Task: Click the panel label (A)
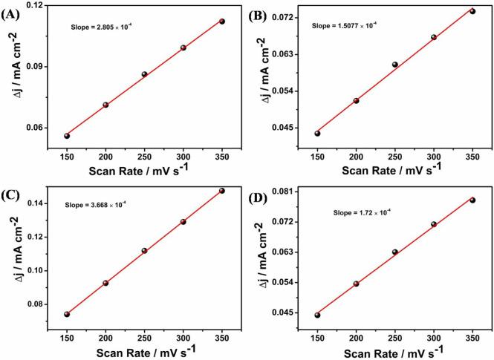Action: (x=10, y=10)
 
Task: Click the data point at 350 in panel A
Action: (x=222, y=22)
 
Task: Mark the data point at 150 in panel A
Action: (x=67, y=136)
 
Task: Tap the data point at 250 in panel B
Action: (x=395, y=65)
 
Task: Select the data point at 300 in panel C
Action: (x=183, y=221)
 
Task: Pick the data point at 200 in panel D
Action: (x=357, y=284)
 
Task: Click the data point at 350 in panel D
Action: (x=472, y=200)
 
